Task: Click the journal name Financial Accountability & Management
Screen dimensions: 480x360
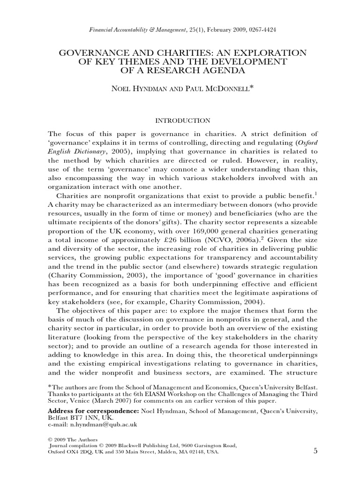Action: pyautogui.click(x=135, y=30)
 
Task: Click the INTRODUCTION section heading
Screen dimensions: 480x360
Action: pyautogui.click(x=180, y=120)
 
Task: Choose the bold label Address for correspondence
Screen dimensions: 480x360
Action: pyautogui.click(x=93, y=411)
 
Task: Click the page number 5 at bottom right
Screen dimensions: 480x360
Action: pyautogui.click(x=315, y=451)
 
